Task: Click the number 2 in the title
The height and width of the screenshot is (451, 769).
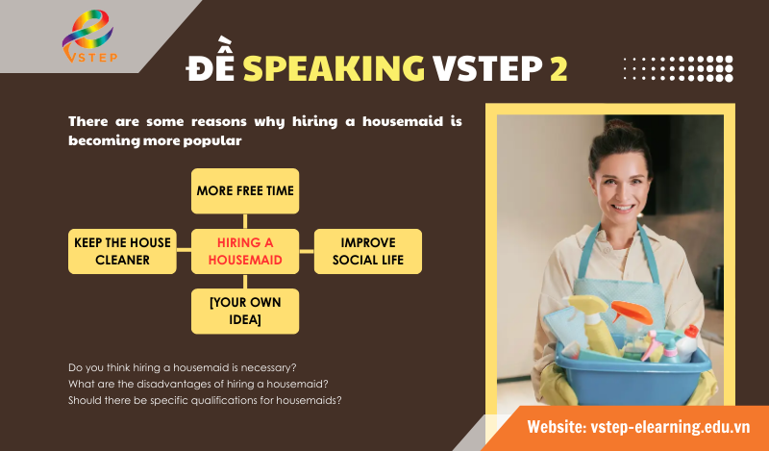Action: (558, 67)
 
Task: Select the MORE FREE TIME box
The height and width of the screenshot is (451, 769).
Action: (245, 190)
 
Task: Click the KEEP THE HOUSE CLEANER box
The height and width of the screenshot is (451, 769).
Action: (122, 251)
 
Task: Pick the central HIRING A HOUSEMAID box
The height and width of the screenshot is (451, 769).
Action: (245, 251)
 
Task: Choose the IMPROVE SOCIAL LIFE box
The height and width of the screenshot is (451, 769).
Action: (368, 251)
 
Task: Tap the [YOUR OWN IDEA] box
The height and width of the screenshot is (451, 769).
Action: (245, 311)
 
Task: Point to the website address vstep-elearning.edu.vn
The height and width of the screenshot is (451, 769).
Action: (639, 426)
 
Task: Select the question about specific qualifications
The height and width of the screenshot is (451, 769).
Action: (206, 399)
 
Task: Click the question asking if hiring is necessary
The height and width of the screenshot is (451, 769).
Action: (183, 368)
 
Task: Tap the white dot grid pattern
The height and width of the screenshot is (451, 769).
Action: (678, 68)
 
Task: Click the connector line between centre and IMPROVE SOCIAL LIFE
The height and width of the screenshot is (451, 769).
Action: (306, 251)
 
